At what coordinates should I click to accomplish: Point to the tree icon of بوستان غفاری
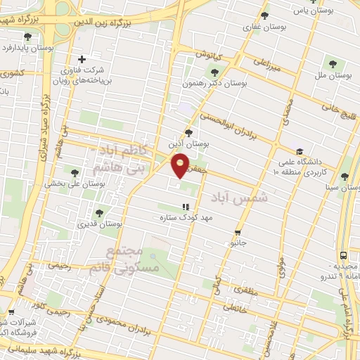(264, 15)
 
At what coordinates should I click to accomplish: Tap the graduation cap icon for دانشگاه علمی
(300, 151)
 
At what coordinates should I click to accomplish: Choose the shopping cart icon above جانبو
(238, 232)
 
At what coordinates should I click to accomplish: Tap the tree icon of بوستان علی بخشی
(75, 172)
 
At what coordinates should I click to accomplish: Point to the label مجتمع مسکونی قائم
(126, 262)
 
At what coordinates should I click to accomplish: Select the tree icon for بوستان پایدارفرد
(27, 37)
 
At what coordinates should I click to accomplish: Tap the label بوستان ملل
(333, 74)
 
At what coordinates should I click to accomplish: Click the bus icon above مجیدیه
(343, 256)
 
